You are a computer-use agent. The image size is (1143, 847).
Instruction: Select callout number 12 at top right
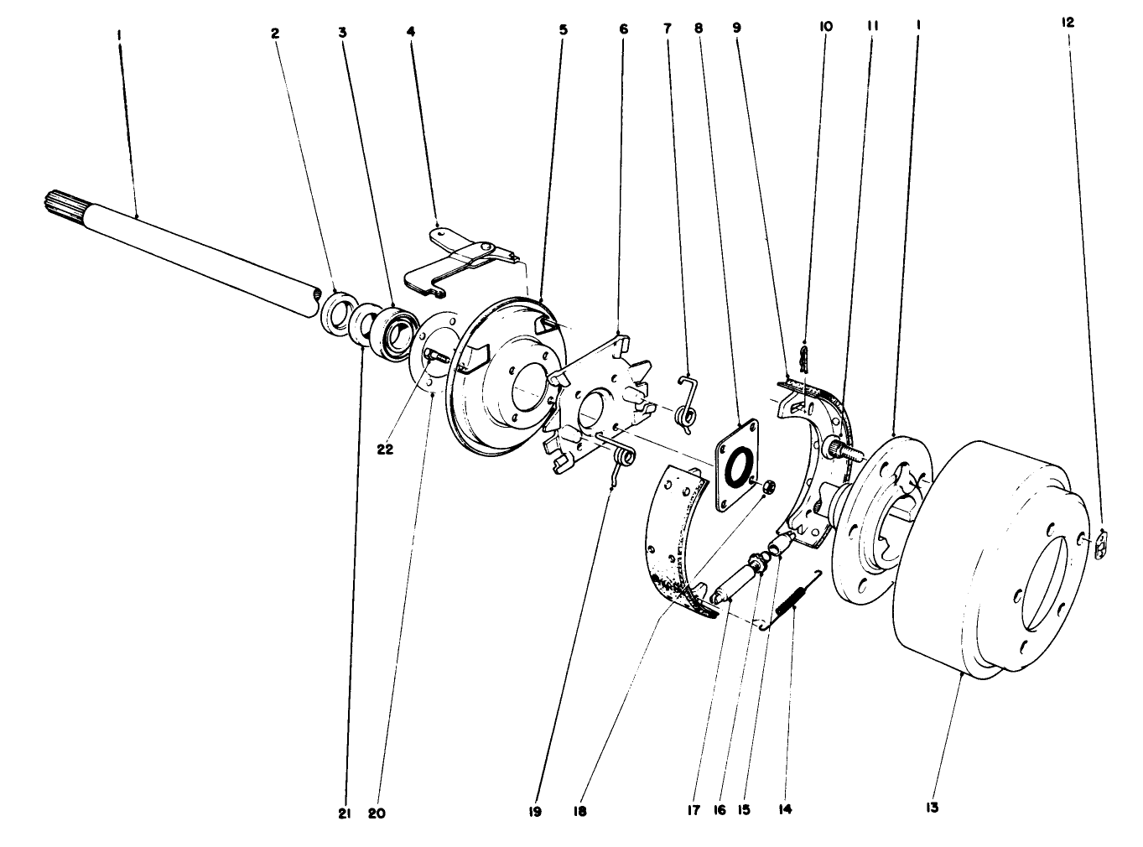(x=1068, y=23)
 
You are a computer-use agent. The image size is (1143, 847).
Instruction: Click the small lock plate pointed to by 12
(x=1102, y=545)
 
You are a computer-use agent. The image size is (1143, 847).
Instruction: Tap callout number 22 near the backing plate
(x=385, y=449)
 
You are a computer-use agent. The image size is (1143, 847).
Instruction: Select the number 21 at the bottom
(x=344, y=812)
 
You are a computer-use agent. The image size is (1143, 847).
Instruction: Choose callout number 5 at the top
(x=563, y=29)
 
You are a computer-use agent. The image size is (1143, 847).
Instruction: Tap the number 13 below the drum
(x=932, y=807)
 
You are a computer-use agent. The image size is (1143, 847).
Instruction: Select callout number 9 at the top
(x=736, y=28)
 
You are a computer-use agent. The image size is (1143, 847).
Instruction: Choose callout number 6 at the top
(x=623, y=28)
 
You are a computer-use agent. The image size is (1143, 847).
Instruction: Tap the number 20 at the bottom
(x=377, y=812)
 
